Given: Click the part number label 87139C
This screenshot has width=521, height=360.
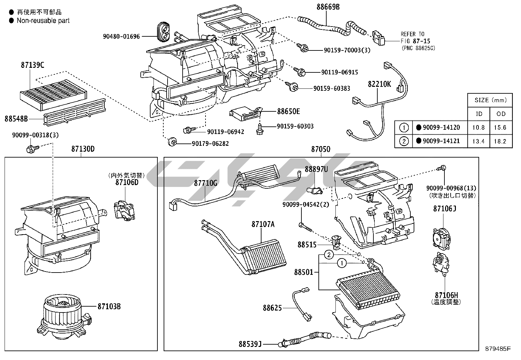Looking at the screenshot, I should [x=32, y=65].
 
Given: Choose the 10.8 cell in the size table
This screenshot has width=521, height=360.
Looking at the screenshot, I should [x=478, y=127].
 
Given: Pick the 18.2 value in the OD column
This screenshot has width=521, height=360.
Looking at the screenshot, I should [x=501, y=141].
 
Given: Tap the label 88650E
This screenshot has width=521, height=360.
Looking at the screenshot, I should [x=288, y=111].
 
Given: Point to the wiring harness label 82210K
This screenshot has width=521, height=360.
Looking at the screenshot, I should [x=379, y=84].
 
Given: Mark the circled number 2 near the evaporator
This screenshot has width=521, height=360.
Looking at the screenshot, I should [x=329, y=255].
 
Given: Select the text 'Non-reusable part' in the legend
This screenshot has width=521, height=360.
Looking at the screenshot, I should [x=43, y=21].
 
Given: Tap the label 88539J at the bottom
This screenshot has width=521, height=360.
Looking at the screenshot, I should [x=250, y=344].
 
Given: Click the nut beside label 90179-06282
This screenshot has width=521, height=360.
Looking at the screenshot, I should [x=172, y=142].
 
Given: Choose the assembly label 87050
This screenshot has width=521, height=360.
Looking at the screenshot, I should [x=321, y=149].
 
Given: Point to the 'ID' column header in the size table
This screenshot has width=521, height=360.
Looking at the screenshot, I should [x=479, y=114].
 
